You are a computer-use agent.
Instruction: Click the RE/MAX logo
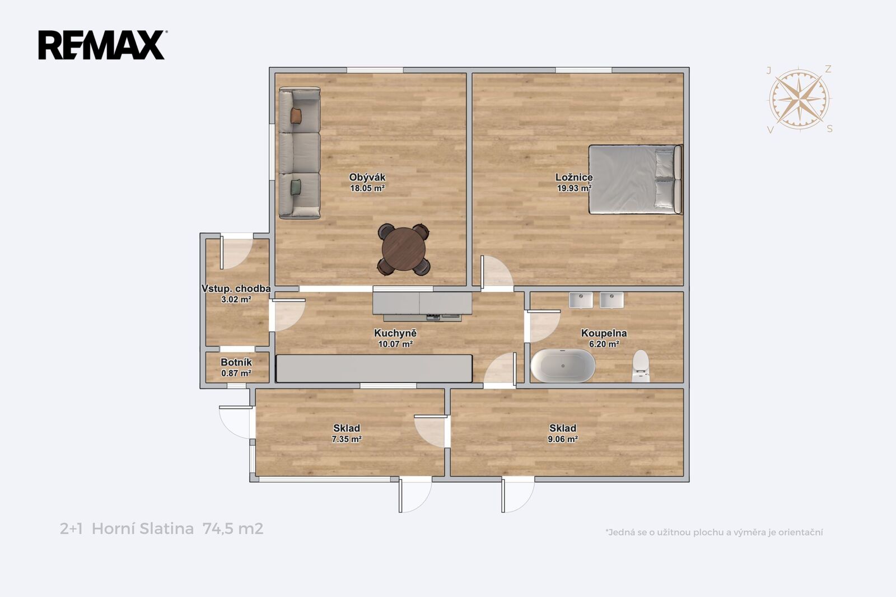102,45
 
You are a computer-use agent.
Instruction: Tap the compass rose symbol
799,99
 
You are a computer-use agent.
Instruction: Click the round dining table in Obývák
404,249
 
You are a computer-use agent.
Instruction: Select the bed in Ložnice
635,179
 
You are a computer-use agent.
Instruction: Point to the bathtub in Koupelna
563,366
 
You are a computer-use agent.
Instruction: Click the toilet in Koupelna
641,366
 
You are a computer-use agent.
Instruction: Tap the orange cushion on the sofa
296,115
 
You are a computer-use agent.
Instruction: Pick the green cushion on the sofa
296,187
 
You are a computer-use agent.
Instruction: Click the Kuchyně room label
395,333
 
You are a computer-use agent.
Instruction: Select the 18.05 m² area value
367,188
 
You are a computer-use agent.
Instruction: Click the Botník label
236,362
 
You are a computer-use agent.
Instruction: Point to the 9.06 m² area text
562,439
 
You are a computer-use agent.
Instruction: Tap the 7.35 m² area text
347,439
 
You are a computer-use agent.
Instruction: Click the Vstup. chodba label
236,288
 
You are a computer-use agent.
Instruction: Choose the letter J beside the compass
768,71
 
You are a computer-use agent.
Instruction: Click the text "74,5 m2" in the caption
233,529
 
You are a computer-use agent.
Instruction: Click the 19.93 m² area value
574,188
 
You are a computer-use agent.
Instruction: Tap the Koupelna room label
604,333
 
